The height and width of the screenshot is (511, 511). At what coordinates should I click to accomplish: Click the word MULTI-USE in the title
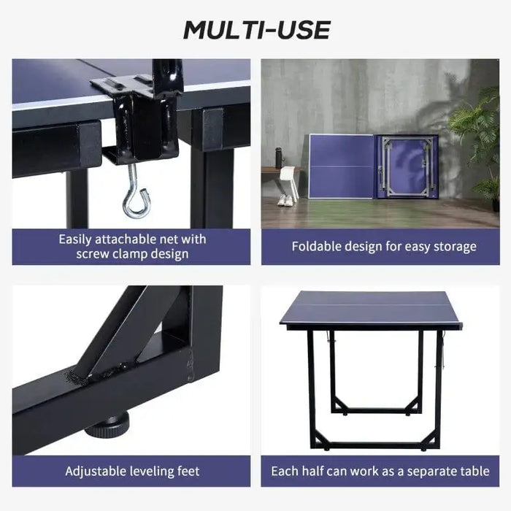255,30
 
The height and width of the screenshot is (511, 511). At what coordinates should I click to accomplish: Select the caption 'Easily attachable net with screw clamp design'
132,247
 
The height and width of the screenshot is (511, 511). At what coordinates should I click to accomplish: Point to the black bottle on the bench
278,156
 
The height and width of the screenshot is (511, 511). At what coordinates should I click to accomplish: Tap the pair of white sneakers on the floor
285,199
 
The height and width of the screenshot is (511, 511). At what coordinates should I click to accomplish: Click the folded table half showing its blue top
341,166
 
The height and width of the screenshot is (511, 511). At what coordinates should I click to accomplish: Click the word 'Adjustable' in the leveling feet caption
96,471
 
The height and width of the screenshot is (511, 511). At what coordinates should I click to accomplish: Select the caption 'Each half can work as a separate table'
380,471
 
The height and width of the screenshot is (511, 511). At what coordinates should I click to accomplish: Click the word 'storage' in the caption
452,247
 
